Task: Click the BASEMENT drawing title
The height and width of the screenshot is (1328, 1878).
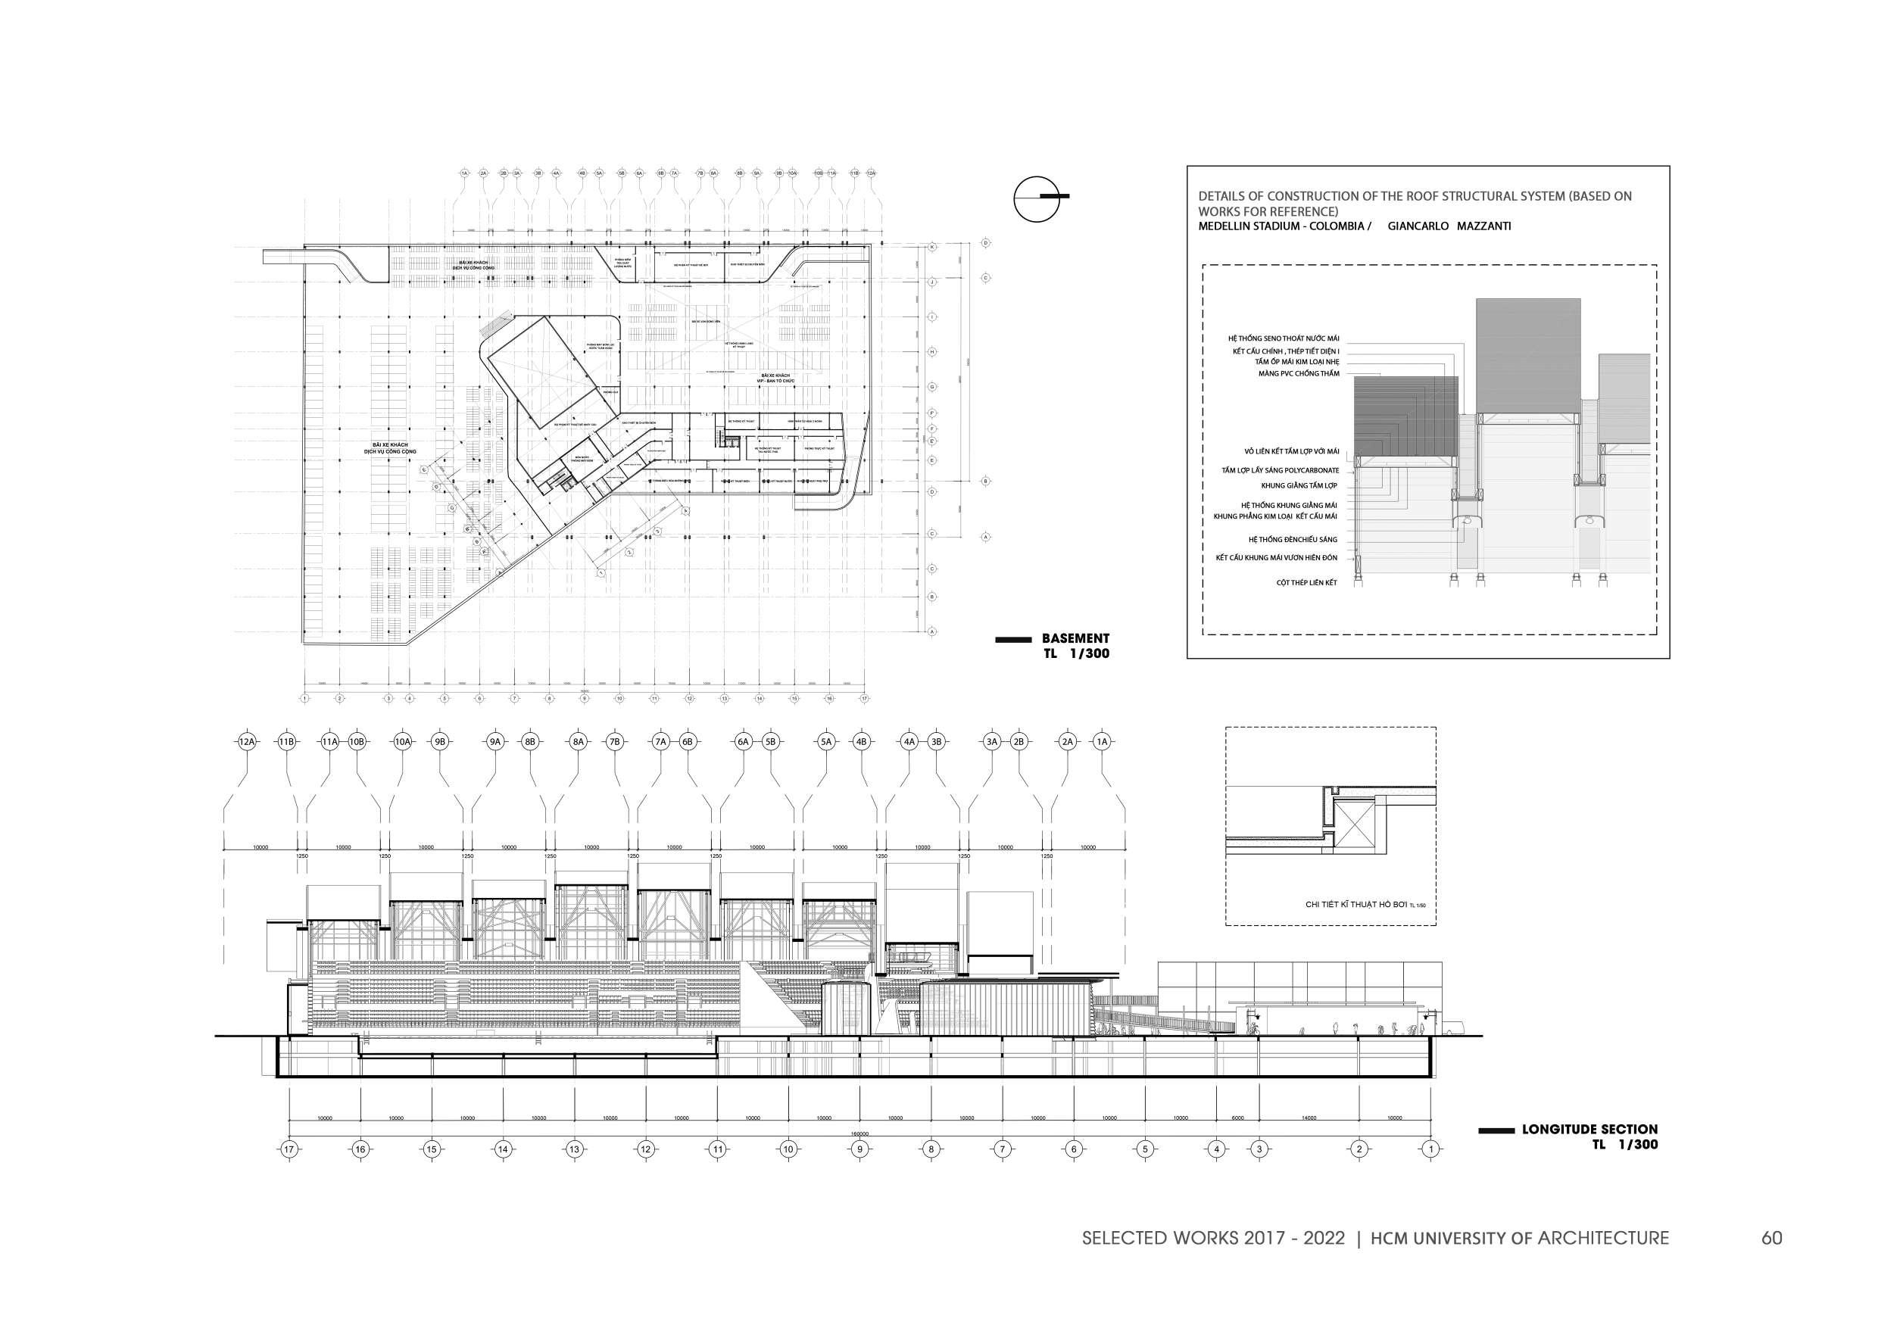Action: (x=1075, y=639)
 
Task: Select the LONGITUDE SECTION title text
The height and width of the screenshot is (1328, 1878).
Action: (x=1589, y=1130)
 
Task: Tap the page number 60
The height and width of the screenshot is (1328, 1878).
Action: (x=1772, y=1238)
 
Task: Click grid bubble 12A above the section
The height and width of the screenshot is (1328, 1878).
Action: (x=247, y=742)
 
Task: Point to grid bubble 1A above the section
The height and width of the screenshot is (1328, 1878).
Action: (x=1102, y=742)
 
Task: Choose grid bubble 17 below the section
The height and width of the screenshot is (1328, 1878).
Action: (x=289, y=1149)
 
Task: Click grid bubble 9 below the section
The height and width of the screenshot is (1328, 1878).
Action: (x=859, y=1149)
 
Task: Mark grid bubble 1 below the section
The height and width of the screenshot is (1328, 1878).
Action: (x=1430, y=1149)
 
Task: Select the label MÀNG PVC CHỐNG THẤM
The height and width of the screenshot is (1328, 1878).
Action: (x=1299, y=374)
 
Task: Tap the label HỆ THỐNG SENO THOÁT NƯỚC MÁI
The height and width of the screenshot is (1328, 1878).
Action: (x=1284, y=338)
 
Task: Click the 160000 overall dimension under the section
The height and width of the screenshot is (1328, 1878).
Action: (x=859, y=1134)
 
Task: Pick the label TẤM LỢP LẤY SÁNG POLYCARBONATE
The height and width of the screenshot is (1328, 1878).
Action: (x=1280, y=470)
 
